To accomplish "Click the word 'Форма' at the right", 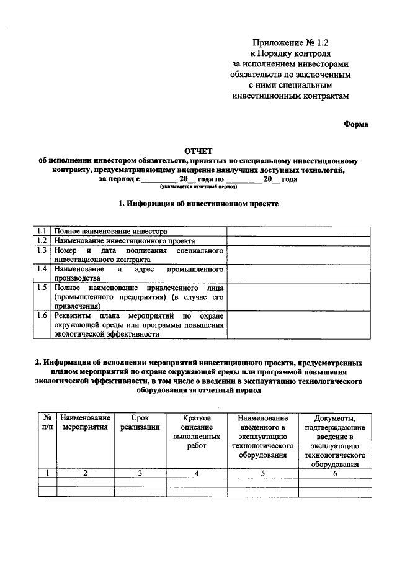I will point(356,124).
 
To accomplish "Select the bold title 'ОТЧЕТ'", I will point(198,151).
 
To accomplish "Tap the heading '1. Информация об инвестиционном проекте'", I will point(198,203).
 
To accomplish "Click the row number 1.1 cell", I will point(42,230).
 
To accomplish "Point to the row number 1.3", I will point(42,250).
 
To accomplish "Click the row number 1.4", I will point(42,269).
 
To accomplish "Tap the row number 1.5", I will point(42,288).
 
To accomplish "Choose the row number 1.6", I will point(42,315).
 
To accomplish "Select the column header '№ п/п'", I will point(47,422).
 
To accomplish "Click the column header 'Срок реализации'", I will point(140,422).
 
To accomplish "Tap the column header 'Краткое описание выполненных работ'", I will point(196,437).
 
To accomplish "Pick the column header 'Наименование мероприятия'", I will point(86,422).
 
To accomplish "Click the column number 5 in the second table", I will point(262,473).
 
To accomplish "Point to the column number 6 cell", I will point(334,473).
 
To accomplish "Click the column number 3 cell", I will point(140,473).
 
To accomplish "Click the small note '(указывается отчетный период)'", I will point(198,186).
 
